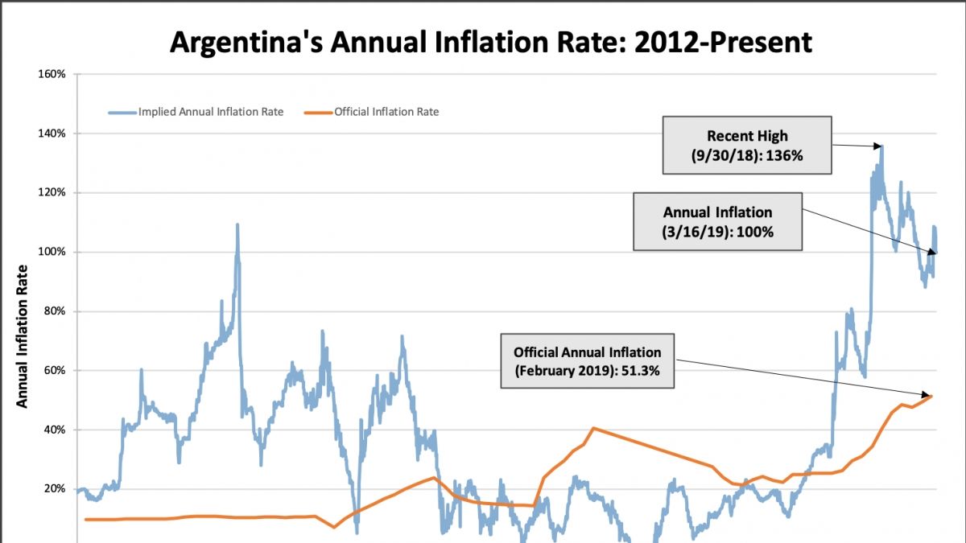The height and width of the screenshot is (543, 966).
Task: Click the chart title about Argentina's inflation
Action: [490, 42]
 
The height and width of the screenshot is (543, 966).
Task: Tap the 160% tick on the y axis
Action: [52, 74]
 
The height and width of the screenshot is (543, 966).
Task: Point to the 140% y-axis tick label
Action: [52, 134]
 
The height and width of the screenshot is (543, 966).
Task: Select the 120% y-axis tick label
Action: [52, 193]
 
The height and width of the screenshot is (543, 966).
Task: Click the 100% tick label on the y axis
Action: [52, 253]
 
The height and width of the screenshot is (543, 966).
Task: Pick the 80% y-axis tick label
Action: [55, 312]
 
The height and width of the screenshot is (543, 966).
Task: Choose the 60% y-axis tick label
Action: [55, 371]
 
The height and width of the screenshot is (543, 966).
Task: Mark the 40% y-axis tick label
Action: [55, 430]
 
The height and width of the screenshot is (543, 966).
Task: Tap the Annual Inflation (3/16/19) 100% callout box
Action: [717, 222]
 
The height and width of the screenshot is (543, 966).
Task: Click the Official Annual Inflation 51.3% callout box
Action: [587, 361]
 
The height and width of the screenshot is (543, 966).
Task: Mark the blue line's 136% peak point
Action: [882, 146]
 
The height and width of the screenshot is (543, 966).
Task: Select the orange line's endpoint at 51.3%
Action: [931, 395]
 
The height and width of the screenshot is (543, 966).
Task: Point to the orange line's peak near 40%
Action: [593, 428]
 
